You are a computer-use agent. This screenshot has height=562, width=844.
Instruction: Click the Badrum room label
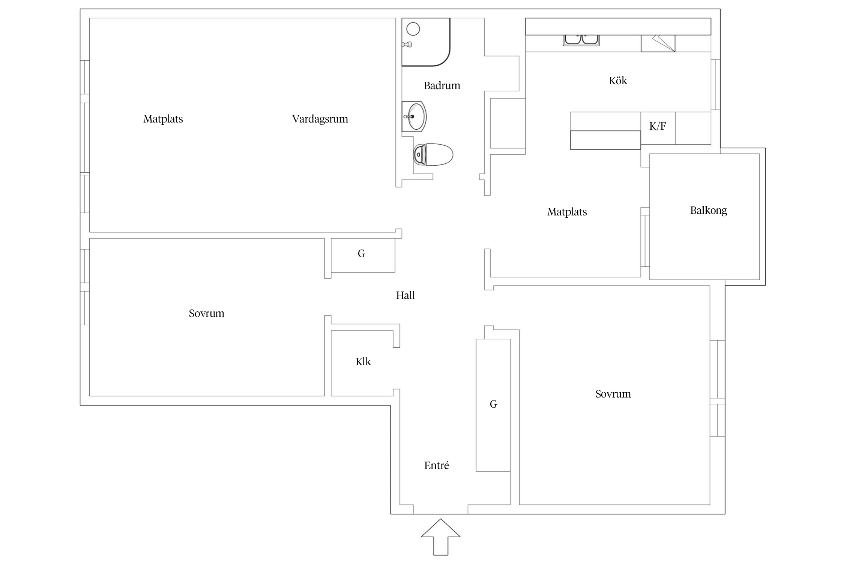click(x=442, y=86)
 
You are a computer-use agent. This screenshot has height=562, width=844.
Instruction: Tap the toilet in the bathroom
click(x=433, y=154)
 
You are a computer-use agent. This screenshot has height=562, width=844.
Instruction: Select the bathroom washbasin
click(x=414, y=117)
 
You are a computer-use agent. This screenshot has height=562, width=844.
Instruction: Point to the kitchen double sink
click(x=581, y=40)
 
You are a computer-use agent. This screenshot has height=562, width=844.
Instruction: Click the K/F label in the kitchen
click(x=658, y=126)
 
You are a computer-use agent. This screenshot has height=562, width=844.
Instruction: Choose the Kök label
click(x=618, y=81)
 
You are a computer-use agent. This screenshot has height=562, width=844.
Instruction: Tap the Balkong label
click(x=708, y=211)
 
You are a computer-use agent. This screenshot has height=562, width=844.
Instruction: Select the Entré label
click(x=437, y=465)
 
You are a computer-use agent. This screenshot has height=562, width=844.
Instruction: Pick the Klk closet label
click(x=363, y=362)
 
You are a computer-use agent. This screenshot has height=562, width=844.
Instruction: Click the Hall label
click(x=405, y=295)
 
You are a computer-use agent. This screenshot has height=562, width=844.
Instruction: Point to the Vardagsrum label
click(x=320, y=119)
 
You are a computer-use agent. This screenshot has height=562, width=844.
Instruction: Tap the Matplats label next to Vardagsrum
click(x=163, y=119)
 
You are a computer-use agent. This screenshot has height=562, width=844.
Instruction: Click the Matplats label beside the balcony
click(x=567, y=212)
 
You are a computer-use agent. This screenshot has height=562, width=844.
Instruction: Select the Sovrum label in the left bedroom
click(x=206, y=313)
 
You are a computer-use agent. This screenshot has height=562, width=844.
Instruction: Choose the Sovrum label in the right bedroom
click(x=613, y=394)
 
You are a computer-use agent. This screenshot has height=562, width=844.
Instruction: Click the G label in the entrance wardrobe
click(x=493, y=404)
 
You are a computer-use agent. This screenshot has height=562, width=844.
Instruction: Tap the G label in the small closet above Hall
click(x=361, y=254)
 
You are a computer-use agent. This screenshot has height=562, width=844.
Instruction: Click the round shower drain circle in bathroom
click(x=413, y=29)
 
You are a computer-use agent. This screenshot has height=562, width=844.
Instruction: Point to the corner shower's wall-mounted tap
click(x=407, y=44)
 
